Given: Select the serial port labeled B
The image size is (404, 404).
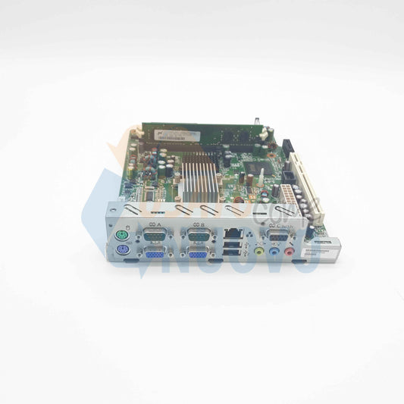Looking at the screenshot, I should tap(199, 237).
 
